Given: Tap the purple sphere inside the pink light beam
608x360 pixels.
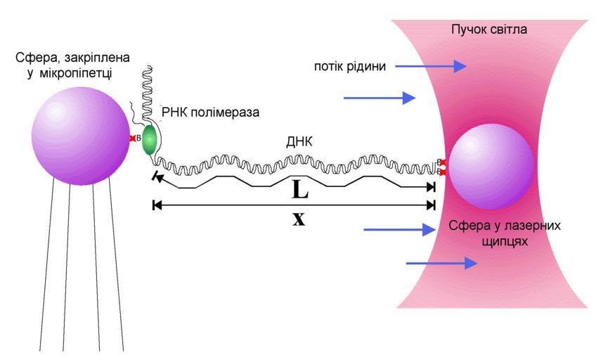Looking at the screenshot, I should pos(491,167).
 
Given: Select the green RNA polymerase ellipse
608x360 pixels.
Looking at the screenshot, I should pos(149,141).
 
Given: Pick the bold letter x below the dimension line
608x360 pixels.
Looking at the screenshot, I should pos(299,219).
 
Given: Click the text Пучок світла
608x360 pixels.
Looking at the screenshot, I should pos(491,30).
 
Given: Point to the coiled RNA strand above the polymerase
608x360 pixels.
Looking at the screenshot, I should pos(148,91).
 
